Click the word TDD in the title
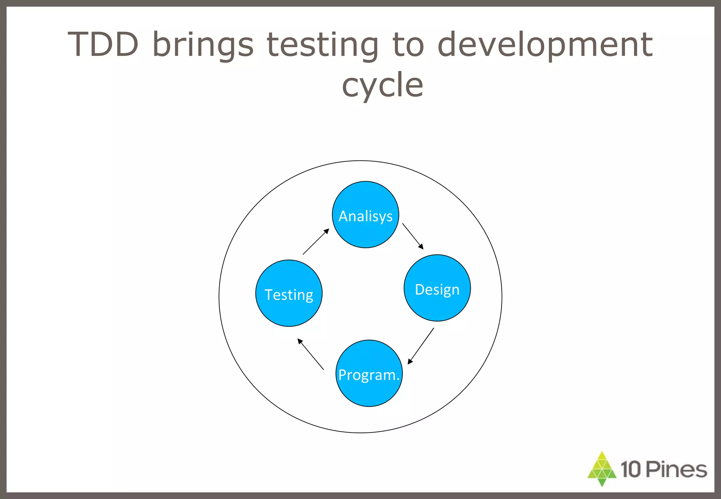pyautogui.click(x=103, y=45)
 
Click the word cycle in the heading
pyautogui.click(x=382, y=86)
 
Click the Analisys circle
pyautogui.click(x=365, y=215)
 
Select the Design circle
pyautogui.click(x=437, y=288)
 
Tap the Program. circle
pyautogui.click(x=369, y=373)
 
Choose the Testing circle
pyautogui.click(x=289, y=293)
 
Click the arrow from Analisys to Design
pyautogui.click(x=413, y=236)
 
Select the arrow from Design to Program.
pyautogui.click(x=421, y=346)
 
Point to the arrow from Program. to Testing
pyautogui.click(x=311, y=354)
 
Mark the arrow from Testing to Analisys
pyautogui.click(x=316, y=241)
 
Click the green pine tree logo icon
pyautogui.click(x=602, y=469)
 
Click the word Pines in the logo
pyautogui.click(x=676, y=469)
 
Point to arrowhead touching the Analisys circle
pyautogui.click(x=326, y=231)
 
